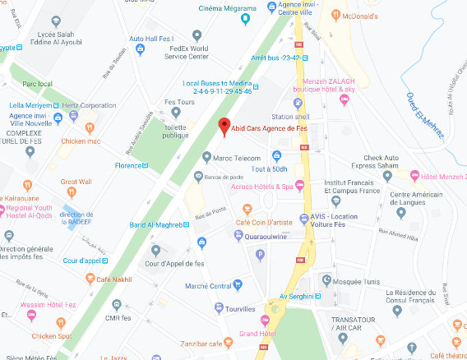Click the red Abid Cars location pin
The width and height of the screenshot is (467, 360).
pyautogui.click(x=223, y=127)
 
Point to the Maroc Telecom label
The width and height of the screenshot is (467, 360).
pyautogui.click(x=238, y=158)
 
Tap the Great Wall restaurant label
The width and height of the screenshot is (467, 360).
pyautogui.click(x=76, y=182)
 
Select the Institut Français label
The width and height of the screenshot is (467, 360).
pyautogui.click(x=351, y=182)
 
